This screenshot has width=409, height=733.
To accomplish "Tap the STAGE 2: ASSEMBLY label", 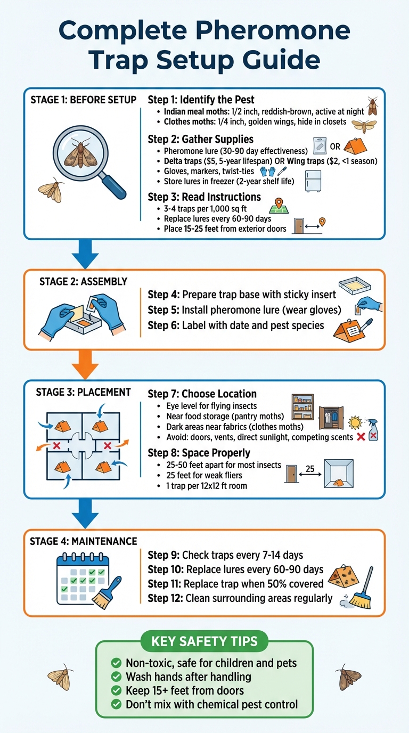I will (x=83, y=281).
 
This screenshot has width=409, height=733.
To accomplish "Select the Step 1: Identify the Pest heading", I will (x=201, y=100).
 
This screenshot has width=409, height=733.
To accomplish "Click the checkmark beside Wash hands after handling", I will (x=115, y=677).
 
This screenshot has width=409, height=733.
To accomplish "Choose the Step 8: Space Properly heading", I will (x=199, y=453).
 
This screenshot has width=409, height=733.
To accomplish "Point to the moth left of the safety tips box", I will (x=60, y=677).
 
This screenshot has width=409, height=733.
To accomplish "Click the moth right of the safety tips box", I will (x=348, y=677).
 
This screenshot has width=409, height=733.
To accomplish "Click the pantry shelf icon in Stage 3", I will (x=303, y=408).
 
